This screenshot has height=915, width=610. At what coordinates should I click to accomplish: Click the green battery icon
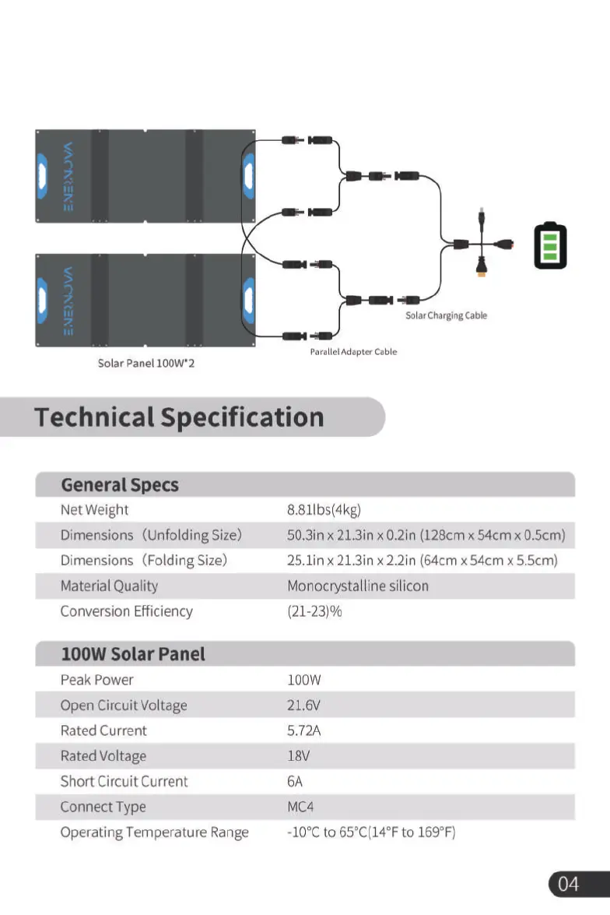(550, 246)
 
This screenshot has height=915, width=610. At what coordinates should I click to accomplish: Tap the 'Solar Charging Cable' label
(446, 315)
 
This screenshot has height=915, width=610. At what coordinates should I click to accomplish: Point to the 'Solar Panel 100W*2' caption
(146, 363)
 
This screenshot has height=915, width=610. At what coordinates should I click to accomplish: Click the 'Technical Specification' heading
(179, 417)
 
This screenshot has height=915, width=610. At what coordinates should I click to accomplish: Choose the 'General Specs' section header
(120, 485)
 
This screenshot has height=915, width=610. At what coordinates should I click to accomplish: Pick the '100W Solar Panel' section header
(133, 654)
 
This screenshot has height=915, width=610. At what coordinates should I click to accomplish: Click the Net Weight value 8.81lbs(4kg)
(324, 510)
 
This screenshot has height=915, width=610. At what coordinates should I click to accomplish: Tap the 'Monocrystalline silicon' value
(358, 586)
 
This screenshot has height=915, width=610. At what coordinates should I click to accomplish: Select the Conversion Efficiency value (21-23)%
(314, 611)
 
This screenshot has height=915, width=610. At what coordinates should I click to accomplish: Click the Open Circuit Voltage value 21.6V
(303, 706)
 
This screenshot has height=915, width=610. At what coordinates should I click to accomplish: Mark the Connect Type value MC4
(300, 807)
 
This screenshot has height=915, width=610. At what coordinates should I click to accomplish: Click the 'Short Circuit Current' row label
(124, 781)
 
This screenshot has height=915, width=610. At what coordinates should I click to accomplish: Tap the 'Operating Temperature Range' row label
(155, 832)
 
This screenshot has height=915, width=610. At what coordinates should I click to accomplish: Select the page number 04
(569, 883)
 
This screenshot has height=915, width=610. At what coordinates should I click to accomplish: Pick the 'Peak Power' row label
(97, 680)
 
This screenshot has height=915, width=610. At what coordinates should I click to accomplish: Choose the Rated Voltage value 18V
(299, 756)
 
